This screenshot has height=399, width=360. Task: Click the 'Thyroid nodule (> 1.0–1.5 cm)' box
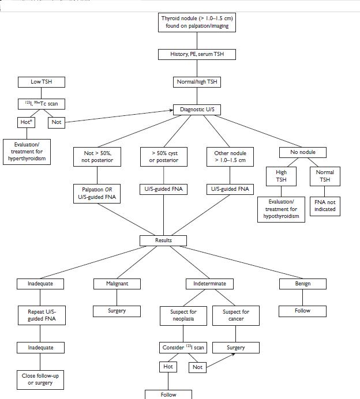coord(197,22)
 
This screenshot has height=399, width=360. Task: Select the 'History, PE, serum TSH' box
coord(197,54)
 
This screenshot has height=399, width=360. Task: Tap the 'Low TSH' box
coord(40,82)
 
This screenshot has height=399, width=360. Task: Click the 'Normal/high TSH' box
coord(197,82)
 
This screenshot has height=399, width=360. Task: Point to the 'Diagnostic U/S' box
coord(197,110)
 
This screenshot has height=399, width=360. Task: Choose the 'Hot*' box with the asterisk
coord(24,122)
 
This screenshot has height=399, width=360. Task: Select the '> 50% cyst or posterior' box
coord(163,157)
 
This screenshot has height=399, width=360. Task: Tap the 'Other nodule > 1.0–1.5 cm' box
coord(230,157)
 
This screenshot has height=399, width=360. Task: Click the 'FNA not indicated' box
coord(325,205)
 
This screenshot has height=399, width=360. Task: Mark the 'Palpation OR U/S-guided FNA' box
coord(97,193)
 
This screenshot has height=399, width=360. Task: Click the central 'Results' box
coord(163,240)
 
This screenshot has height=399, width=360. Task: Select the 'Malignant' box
coord(117,284)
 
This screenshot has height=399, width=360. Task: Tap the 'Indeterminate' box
coord(210,284)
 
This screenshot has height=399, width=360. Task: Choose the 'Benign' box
coord(302,284)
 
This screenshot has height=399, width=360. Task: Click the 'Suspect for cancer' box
coord(236,315)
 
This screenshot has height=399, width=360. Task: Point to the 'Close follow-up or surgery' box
coord(40,379)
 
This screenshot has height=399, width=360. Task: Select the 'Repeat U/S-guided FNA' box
coord(40,315)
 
